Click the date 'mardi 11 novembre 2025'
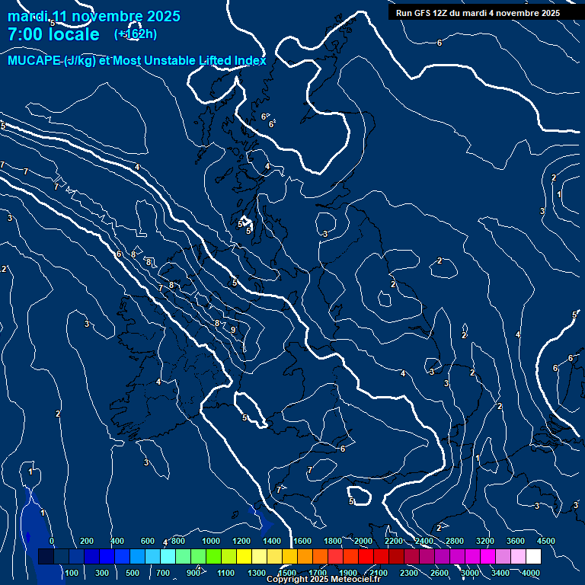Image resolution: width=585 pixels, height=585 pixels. tap(94, 16)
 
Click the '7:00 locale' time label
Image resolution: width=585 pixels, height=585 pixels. tap(53, 34)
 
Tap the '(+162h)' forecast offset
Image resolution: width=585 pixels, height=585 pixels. tap(136, 34)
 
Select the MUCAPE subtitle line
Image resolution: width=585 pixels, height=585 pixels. tap(137, 61)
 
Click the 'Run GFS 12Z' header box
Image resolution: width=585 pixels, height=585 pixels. tap(478, 13)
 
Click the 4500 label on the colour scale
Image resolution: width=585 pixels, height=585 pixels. tap(545, 541)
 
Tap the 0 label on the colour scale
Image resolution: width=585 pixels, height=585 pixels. tap(52, 541)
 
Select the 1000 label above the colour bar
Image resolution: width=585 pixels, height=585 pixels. tap(210, 541)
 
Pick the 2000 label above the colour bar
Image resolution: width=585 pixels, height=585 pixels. tap(363, 541)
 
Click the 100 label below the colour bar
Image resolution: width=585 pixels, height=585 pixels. tap(72, 573)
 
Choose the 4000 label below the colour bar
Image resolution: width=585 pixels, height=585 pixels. tap(531, 573)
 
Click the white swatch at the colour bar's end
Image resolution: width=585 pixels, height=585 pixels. tap(533, 557)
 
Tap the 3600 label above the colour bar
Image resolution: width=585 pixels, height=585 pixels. tap(515, 541)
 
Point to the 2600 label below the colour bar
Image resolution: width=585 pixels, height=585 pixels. tap(440, 573)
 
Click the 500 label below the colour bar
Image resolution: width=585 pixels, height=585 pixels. tap(133, 573)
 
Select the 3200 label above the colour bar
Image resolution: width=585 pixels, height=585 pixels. tap(484, 541)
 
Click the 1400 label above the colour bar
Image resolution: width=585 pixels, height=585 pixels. tap(271, 541)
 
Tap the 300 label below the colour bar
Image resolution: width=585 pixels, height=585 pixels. tap(102, 573)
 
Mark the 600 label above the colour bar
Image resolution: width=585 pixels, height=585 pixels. tap(148, 541)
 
